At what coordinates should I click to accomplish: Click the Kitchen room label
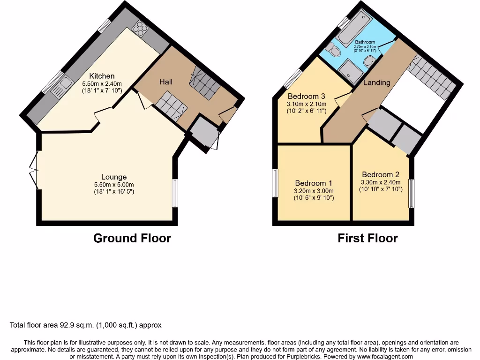(102, 76)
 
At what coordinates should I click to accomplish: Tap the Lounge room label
(114, 177)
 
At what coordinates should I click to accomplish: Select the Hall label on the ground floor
(166, 82)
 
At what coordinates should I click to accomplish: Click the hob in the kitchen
(140, 30)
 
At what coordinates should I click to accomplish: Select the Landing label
(377, 82)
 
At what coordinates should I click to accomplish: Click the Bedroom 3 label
(307, 97)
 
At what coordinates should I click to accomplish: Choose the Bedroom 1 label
(314, 183)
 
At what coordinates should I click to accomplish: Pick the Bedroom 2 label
(381, 174)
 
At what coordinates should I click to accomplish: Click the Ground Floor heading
(132, 238)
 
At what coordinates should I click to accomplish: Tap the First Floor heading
(367, 238)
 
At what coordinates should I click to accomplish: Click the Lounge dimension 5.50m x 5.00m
(114, 185)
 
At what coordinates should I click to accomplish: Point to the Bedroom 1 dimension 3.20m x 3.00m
(314, 191)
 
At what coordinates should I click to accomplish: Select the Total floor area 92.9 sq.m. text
(86, 325)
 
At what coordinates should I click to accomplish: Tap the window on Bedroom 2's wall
(411, 193)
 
